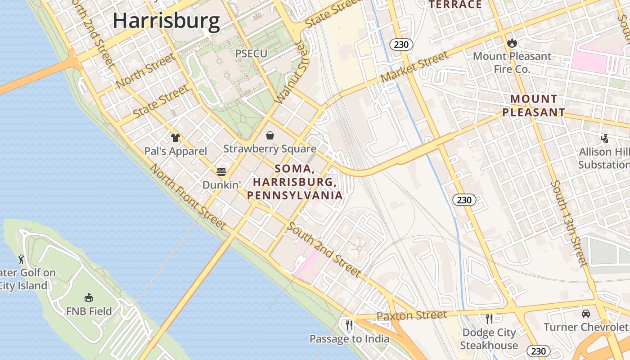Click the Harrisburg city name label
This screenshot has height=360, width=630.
pos(166,21)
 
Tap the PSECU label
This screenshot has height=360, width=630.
pos(251,54)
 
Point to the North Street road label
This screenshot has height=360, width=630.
pos(145,70)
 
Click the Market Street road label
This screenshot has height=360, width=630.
pos(414,67)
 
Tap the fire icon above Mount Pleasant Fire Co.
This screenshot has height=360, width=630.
pos(512,43)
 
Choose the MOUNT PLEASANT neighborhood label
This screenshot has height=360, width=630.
pos(534,106)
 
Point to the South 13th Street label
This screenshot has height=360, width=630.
pos(569,224)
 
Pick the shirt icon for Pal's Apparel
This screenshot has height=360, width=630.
pos(175,138)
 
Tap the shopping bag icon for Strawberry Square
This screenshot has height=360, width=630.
pos(270,135)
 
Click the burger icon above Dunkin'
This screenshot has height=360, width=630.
pos(221,171)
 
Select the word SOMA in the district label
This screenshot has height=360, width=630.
pos(293,169)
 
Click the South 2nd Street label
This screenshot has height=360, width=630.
pos(324,250)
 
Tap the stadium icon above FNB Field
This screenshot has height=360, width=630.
pos(89,297)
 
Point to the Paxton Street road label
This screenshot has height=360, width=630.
pos(412,315)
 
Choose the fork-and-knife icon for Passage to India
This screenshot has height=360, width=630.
pos(349,325)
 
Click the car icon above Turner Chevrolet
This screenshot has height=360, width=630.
pos(585,314)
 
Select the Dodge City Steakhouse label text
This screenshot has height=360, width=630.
pos(489,339)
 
